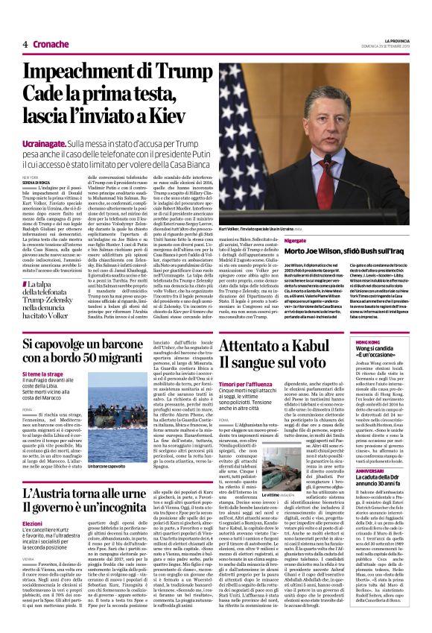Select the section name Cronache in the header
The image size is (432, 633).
(x=51, y=44)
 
